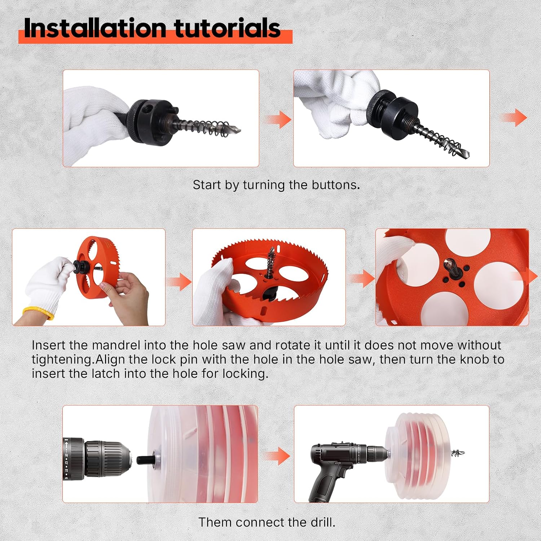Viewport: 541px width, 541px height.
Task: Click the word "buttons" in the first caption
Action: (x=336, y=185)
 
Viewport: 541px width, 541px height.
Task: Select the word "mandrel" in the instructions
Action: (x=116, y=345)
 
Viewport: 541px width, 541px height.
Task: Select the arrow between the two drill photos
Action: (x=276, y=456)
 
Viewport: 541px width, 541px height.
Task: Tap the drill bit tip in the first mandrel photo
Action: (x=238, y=130)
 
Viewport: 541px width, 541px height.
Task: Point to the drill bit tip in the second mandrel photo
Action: (x=466, y=155)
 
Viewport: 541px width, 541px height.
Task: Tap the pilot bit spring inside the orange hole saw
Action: (x=270, y=263)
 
